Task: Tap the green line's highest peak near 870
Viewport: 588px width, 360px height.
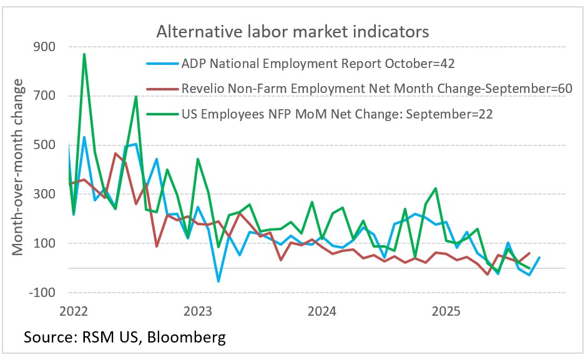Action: (x=84, y=54)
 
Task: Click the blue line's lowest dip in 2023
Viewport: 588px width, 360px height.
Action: (x=218, y=281)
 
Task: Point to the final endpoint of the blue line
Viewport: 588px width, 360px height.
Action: (x=539, y=258)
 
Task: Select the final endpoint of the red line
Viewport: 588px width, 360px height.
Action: (x=529, y=253)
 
